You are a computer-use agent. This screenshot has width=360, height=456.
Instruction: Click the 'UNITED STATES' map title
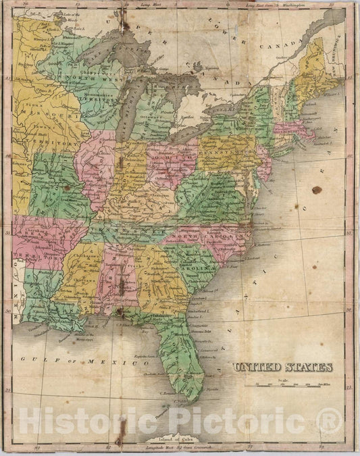click(x=283, y=368)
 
